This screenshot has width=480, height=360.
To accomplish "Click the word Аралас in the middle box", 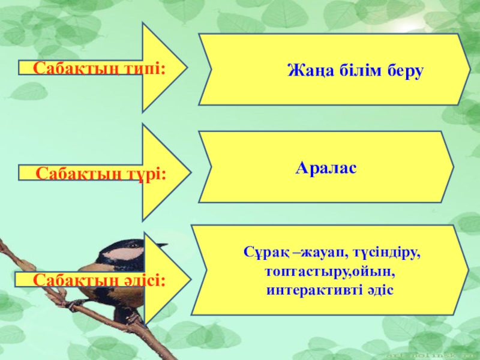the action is tap(326, 169).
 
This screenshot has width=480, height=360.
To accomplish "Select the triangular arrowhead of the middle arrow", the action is tap(165, 173).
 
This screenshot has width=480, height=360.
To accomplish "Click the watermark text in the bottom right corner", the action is tap(444, 354).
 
